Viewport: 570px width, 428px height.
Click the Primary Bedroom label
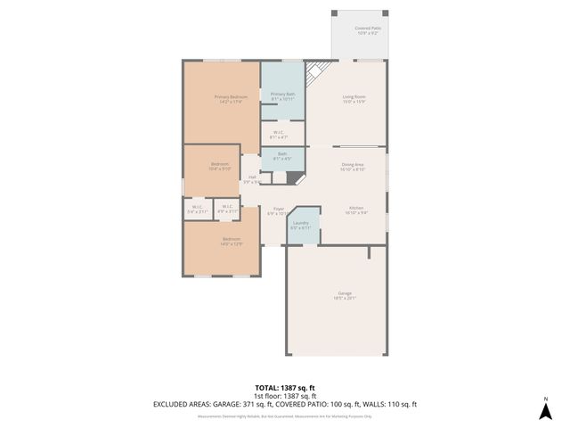pos(230,99)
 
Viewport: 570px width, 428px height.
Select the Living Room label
pos(354,99)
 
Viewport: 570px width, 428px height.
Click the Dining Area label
pos(354,166)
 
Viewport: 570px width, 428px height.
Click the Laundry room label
pos(300,226)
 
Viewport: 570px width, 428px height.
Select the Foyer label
pos(278,211)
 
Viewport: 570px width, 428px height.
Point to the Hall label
pos(252,179)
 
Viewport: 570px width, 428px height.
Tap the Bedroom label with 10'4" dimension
pos(220,167)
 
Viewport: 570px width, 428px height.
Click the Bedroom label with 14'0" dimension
pos(231,241)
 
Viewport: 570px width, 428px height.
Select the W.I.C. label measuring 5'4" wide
pos(197,210)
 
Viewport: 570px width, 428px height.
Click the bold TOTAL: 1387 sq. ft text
pos(284,388)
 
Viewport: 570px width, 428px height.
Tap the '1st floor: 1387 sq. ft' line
pos(284,396)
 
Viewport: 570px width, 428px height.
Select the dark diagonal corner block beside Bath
pos(295,177)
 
